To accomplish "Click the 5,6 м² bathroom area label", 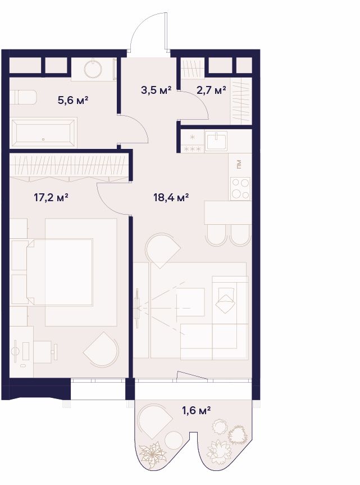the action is point(73,100).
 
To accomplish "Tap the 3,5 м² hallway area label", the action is point(156,90).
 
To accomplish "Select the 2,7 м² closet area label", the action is point(211,90).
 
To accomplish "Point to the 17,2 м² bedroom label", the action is point(51,197).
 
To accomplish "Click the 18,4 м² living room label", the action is point(171,197).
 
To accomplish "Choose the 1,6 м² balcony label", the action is point(196,411).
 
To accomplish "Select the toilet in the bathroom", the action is point(23,98).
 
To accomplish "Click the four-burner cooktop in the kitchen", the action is point(240,189).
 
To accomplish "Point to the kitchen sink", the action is point(216,140).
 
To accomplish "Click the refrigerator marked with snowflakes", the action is point(193,142).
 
